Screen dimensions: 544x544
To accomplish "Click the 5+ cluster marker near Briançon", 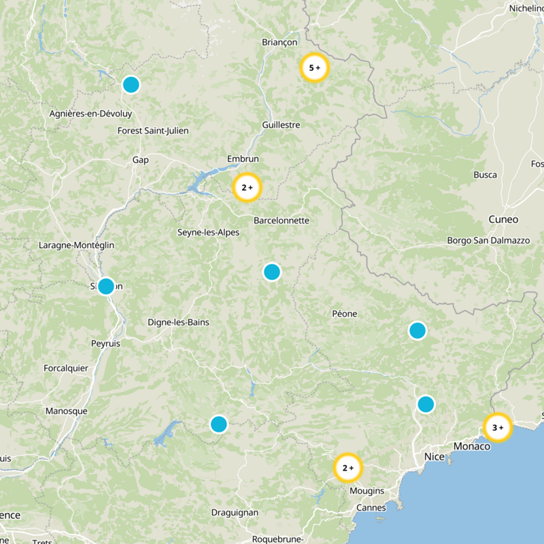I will point(314,68).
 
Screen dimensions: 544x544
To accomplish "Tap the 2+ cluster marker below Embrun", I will point(247,188).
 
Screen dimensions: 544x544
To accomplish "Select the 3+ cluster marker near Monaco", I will point(497,428).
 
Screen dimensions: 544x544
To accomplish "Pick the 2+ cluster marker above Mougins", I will point(347,468).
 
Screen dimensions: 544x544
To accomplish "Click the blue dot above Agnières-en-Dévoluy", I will point(131,85).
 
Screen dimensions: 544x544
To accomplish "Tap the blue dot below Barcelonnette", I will point(271,272).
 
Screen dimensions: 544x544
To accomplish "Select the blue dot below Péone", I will point(417,330).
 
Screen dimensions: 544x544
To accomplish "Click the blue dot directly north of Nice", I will point(425,404).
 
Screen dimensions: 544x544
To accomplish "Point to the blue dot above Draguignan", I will point(218,424).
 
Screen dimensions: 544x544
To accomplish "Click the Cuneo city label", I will point(503,220).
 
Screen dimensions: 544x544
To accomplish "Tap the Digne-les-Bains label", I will point(178,322).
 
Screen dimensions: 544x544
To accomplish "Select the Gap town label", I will point(141,160).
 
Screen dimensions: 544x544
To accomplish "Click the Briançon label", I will point(279,42).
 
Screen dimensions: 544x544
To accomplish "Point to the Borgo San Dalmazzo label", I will point(488,241).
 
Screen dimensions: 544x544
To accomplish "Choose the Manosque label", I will point(66,411).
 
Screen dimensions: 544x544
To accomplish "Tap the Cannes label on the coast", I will point(371,507).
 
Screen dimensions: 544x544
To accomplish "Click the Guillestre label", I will point(281,125).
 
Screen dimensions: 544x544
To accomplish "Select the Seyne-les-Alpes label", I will point(208,232).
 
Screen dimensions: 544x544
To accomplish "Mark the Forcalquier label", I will point(66,368).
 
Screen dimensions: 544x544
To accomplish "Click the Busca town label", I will point(485,175).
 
